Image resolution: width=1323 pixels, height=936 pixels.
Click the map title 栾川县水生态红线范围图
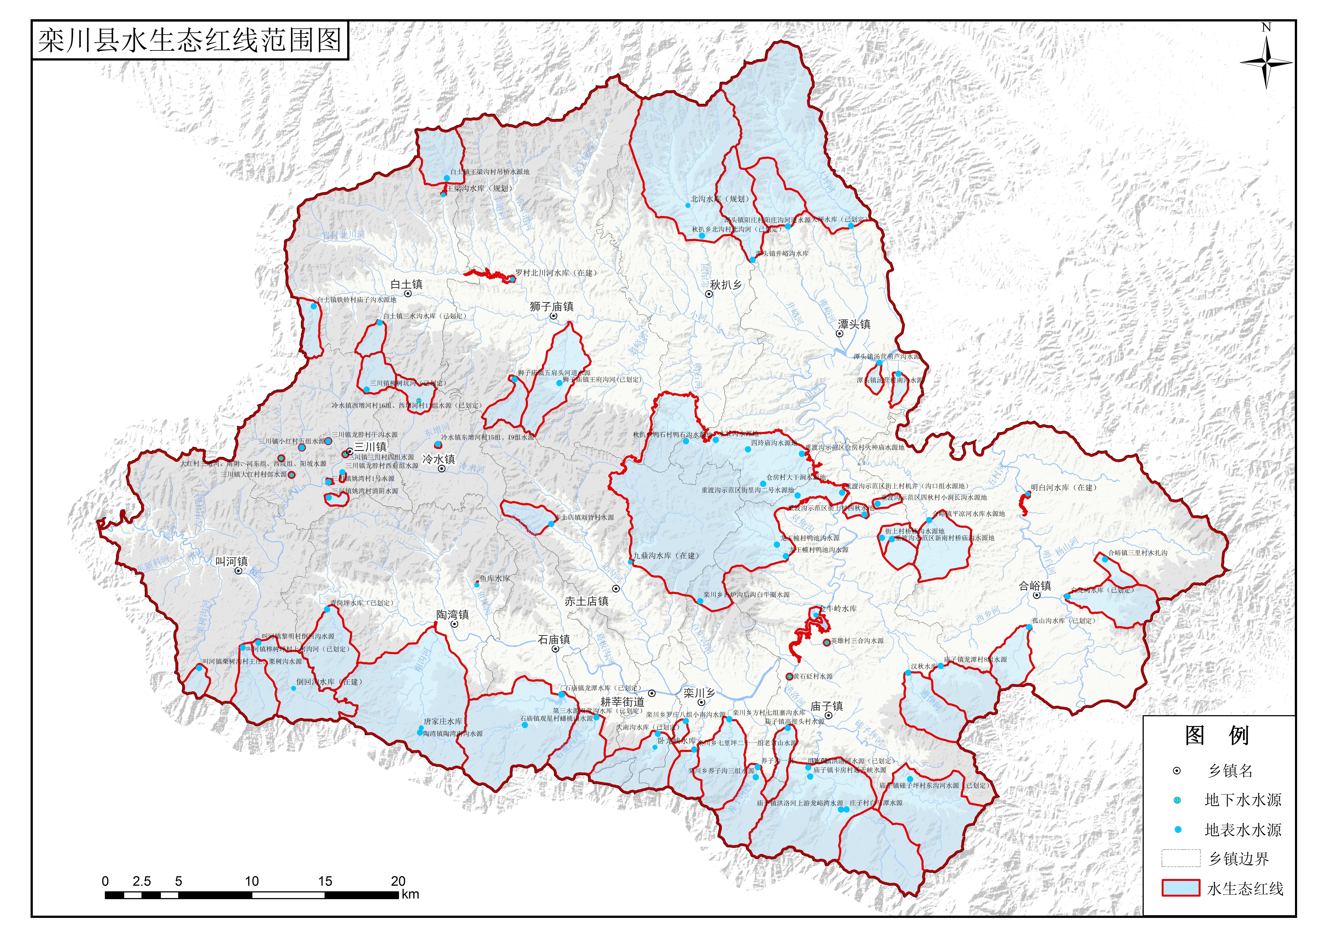(x=190, y=40)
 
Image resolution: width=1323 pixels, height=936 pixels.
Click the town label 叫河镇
(x=232, y=561)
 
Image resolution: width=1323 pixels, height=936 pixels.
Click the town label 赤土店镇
(x=587, y=601)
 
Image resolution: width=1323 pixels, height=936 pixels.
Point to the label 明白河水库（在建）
(x=1064, y=487)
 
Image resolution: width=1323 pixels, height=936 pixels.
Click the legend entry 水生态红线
(x=1245, y=889)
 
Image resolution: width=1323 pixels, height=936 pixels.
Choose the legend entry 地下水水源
(x=1243, y=800)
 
